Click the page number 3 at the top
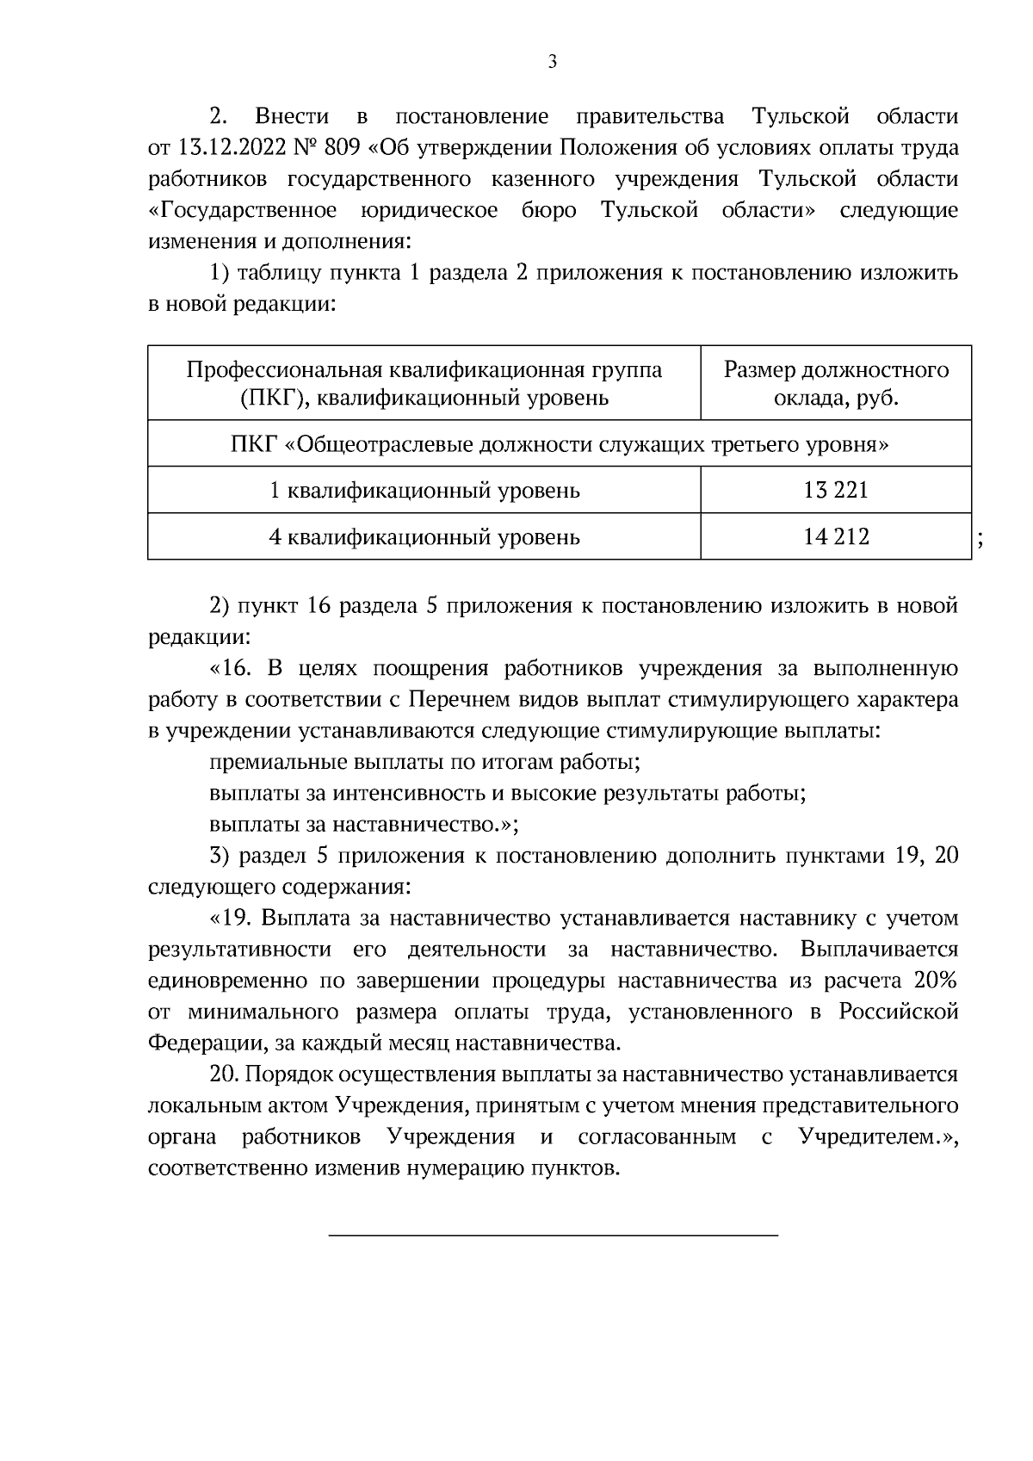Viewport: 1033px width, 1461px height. pyautogui.click(x=552, y=61)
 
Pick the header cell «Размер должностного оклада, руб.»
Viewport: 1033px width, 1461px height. pyautogui.click(x=836, y=383)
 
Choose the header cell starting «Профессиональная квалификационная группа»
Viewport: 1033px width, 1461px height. pyautogui.click(x=424, y=383)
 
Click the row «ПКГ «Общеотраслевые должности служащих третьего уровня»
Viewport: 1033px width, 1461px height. pyautogui.click(x=560, y=444)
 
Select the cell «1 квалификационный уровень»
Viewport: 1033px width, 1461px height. pyautogui.click(x=424, y=491)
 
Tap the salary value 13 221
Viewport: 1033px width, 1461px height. pyautogui.click(x=836, y=491)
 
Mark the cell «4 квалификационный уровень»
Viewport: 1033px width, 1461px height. pyautogui.click(x=424, y=537)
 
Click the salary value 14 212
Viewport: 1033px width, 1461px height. pyautogui.click(x=836, y=537)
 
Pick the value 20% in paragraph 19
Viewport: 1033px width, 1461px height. pyautogui.click(x=937, y=981)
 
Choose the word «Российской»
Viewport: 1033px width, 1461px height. pyautogui.click(x=899, y=1012)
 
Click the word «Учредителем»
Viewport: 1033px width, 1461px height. pyautogui.click(x=870, y=1137)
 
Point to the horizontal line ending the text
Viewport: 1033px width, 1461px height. pyautogui.click(x=554, y=1236)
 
